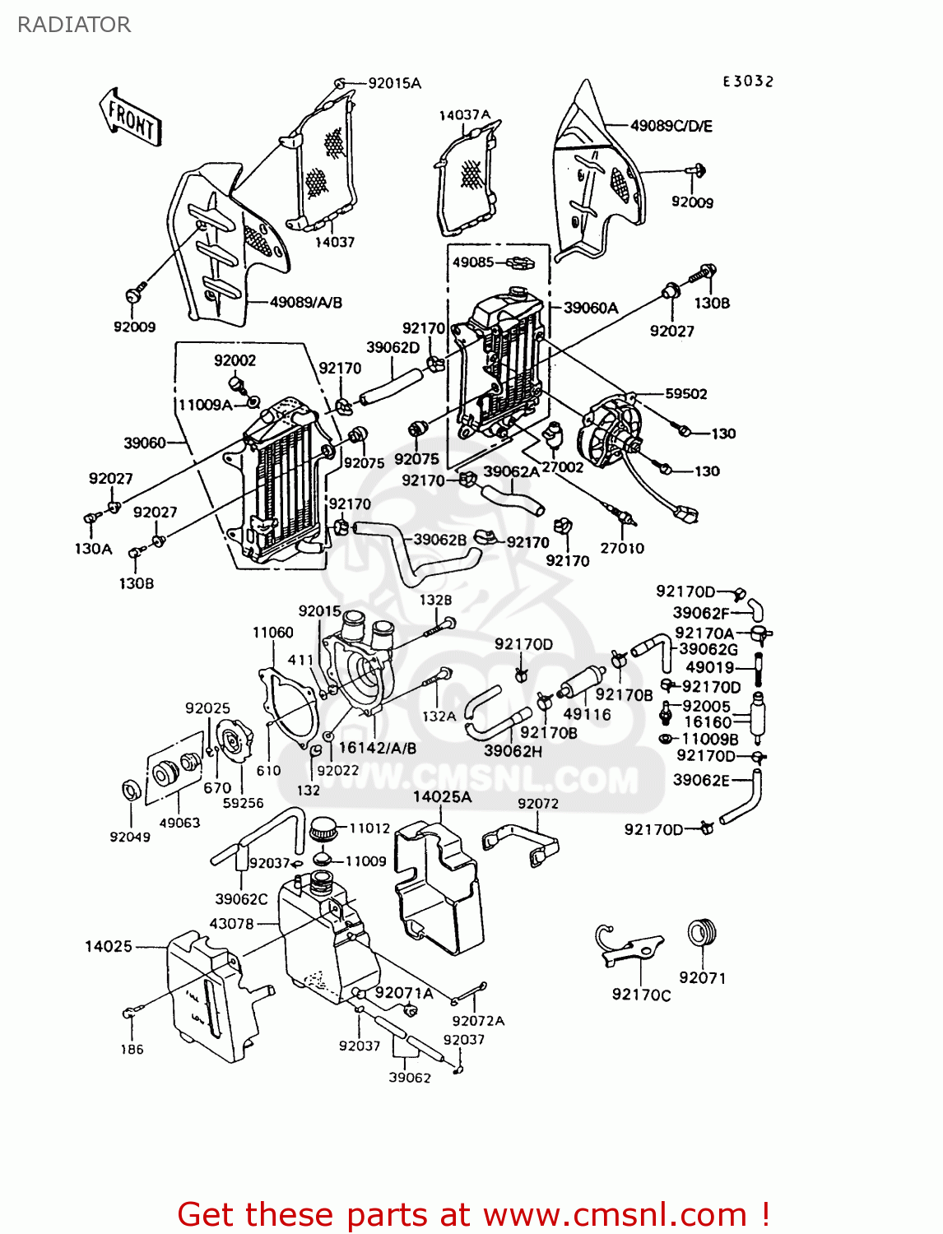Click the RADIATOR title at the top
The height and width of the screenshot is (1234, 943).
(x=74, y=25)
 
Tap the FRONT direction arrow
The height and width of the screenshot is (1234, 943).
(x=131, y=118)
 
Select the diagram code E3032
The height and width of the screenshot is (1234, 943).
(x=748, y=81)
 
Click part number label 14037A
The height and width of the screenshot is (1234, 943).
(x=464, y=115)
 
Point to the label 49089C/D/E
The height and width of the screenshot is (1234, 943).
(x=671, y=126)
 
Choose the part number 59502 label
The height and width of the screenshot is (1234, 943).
(x=685, y=393)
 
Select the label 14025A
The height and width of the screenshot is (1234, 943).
(x=442, y=796)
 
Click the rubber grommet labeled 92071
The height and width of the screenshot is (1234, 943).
(x=702, y=932)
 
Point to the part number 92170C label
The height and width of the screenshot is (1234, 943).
(x=641, y=995)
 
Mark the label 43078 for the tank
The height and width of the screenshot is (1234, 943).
(x=231, y=923)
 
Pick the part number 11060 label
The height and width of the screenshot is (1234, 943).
(x=272, y=632)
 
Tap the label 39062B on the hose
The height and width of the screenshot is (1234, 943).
(x=439, y=539)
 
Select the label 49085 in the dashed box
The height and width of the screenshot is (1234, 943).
(x=473, y=262)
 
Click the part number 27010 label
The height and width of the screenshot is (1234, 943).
(x=621, y=548)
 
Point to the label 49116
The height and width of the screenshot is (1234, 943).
(x=587, y=714)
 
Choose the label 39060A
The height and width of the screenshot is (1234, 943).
(x=590, y=308)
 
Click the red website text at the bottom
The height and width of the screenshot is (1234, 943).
(x=473, y=1214)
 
